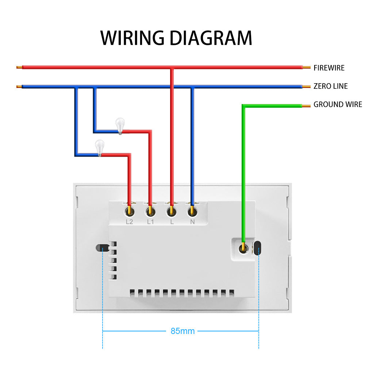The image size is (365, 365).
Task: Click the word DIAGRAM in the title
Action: (211, 38)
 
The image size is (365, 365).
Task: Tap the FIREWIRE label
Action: (329, 68)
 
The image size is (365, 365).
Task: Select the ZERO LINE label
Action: (330, 86)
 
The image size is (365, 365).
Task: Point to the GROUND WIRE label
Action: (338, 104)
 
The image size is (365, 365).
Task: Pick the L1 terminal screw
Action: (150, 211)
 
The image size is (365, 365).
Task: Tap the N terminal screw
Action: (192, 211)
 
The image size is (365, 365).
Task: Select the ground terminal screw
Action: (242, 248)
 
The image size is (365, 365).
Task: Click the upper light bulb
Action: (119, 125)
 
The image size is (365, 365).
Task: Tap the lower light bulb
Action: (99, 147)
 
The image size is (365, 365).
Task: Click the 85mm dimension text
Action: (182, 331)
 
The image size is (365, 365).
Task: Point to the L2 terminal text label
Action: (129, 222)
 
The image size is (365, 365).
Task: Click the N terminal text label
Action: (192, 222)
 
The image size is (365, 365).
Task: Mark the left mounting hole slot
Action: (100, 248)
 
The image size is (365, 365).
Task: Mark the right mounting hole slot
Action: (258, 248)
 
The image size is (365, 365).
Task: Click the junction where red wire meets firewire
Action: (172, 68)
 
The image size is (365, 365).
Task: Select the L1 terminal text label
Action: (150, 222)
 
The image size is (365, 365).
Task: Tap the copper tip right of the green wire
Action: (306, 106)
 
